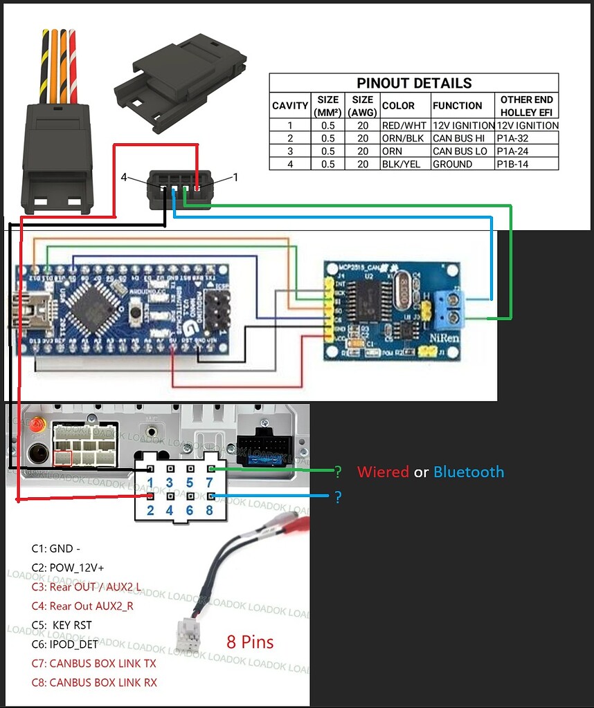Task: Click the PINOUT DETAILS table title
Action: (x=414, y=83)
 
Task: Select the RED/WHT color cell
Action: (x=404, y=126)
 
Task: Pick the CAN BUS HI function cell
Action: (x=460, y=138)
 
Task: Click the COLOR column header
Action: (x=398, y=106)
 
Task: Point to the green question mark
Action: (x=338, y=472)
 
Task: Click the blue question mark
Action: (x=338, y=497)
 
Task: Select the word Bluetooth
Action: (x=469, y=472)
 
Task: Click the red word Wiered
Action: (x=383, y=472)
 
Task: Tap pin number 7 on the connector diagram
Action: (x=210, y=483)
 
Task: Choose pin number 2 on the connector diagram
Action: (x=150, y=511)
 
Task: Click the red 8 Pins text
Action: (x=250, y=642)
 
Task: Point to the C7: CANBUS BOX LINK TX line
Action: (x=93, y=663)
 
